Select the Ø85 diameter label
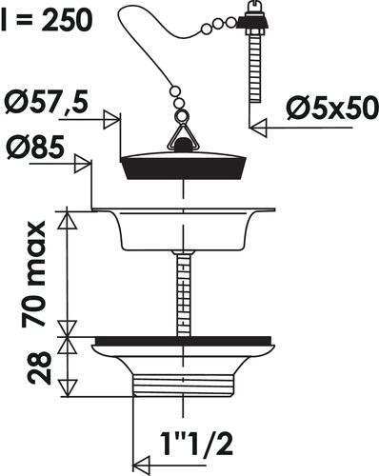[x=35, y=149]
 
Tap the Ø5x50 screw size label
[x=332, y=109]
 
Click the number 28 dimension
[x=39, y=367]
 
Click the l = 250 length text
[x=47, y=21]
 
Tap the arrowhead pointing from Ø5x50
[x=258, y=128]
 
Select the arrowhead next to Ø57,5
[x=111, y=120]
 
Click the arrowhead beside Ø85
[x=83, y=164]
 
